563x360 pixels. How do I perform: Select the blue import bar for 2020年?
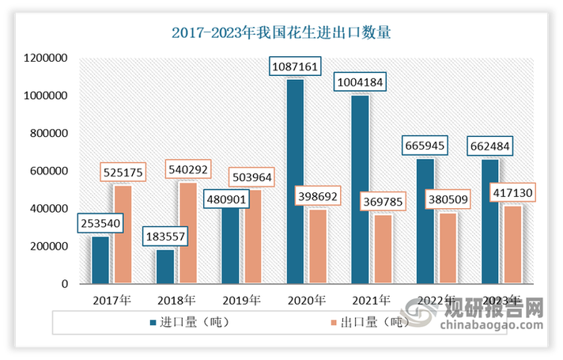295,181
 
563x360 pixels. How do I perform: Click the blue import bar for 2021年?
360,190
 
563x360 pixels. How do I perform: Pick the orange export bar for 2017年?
123,234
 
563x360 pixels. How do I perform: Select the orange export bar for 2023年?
512,244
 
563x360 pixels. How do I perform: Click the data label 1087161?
295,66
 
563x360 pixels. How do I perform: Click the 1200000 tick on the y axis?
46,59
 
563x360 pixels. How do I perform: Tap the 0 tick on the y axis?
64,284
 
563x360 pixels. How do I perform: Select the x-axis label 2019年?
241,301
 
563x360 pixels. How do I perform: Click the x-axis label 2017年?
111,301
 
